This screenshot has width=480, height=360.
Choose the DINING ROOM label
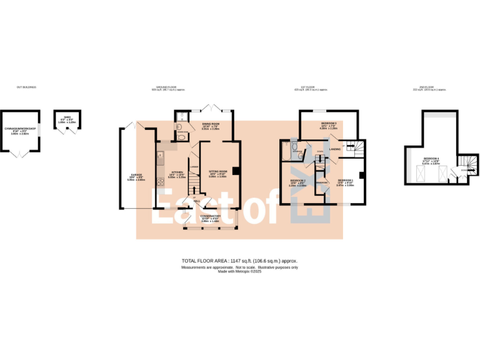(210, 124)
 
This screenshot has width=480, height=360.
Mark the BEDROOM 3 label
(329, 124)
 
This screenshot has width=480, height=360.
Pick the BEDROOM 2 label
(297, 181)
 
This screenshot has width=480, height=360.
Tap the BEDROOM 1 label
(346, 179)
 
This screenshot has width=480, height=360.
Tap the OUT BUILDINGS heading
(26, 87)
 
